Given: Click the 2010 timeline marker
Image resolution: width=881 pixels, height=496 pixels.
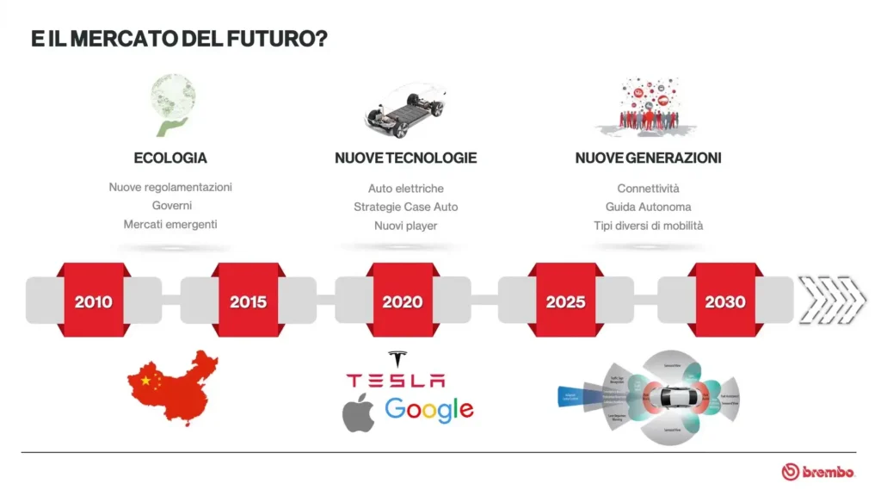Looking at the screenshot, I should [x=93, y=301].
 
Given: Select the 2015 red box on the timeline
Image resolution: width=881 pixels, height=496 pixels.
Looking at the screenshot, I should [x=248, y=301].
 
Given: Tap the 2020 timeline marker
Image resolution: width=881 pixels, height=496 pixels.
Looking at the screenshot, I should [x=403, y=301].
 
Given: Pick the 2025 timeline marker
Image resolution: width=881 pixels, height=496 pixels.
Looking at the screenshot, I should [x=565, y=301].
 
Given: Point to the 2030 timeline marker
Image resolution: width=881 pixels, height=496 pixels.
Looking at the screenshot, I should [x=725, y=301].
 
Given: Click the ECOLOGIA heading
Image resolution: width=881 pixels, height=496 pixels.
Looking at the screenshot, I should [x=170, y=158].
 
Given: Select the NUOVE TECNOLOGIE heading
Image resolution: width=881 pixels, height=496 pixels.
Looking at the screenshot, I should [x=405, y=158].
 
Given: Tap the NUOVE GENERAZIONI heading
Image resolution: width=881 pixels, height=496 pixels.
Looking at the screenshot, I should [x=648, y=158].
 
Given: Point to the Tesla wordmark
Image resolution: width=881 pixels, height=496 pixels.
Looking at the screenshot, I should [x=396, y=380].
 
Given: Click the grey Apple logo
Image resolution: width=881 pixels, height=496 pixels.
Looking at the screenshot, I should [x=359, y=413].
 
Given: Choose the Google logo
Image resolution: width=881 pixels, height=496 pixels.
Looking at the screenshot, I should [x=429, y=410].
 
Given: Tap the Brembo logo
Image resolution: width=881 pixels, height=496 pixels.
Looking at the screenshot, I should [x=818, y=471].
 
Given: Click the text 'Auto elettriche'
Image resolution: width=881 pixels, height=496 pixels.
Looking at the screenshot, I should [x=406, y=188].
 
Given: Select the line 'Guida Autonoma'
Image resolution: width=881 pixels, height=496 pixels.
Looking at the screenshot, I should [x=648, y=207].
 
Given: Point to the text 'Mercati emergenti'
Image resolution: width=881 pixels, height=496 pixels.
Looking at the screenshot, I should [x=170, y=225].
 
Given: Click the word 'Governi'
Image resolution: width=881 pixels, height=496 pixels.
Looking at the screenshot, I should [x=171, y=206].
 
